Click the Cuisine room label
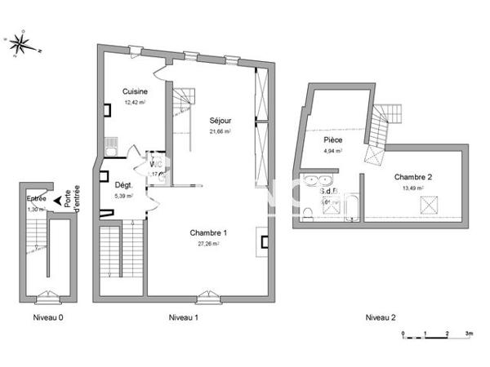[x=135, y=91]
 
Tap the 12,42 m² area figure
[x=135, y=102]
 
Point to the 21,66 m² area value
[x=220, y=131]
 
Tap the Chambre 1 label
[x=208, y=233]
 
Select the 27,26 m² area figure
[x=208, y=244]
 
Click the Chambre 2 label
[x=413, y=177]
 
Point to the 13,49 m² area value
[x=413, y=188]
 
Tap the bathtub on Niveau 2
[x=352, y=208]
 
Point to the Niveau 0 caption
[x=47, y=317]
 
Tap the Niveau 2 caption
[x=380, y=317]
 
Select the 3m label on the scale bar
[x=469, y=334]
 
